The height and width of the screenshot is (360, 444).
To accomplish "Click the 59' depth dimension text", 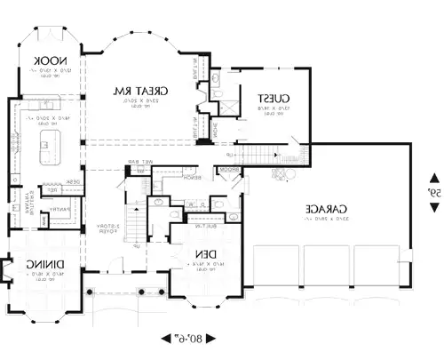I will point(434,191).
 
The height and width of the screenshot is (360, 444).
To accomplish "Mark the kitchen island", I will point(44,141).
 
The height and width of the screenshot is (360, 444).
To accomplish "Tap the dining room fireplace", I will point(5,268).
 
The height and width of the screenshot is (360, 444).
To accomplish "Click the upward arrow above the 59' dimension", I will point(434,176).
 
